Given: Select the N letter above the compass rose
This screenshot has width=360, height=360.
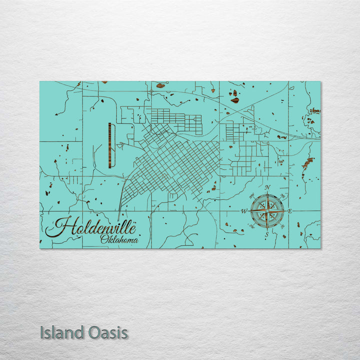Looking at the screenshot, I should [x=267, y=187].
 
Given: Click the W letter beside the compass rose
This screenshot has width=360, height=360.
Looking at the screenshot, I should [x=244, y=211].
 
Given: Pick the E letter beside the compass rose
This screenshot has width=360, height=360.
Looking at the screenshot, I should [x=290, y=211].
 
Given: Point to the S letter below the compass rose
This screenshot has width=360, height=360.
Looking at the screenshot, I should [x=267, y=234].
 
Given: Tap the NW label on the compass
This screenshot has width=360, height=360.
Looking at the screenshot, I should [x=251, y=195].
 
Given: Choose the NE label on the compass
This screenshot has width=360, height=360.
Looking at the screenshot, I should [x=283, y=195].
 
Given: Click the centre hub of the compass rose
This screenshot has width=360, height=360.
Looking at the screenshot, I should [x=267, y=210].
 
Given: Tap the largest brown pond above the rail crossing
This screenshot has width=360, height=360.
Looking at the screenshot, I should [x=234, y=100].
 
